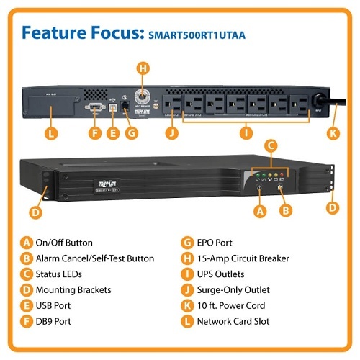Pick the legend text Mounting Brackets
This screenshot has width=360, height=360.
pyautogui.click(x=74, y=289)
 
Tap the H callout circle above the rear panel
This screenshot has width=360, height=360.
pyautogui.click(x=143, y=68)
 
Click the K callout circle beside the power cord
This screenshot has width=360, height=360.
pyautogui.click(x=332, y=132)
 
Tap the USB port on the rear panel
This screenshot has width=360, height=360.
pyautogui.click(x=112, y=107)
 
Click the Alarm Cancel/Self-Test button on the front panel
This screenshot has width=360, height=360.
pyautogui.click(x=279, y=190)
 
